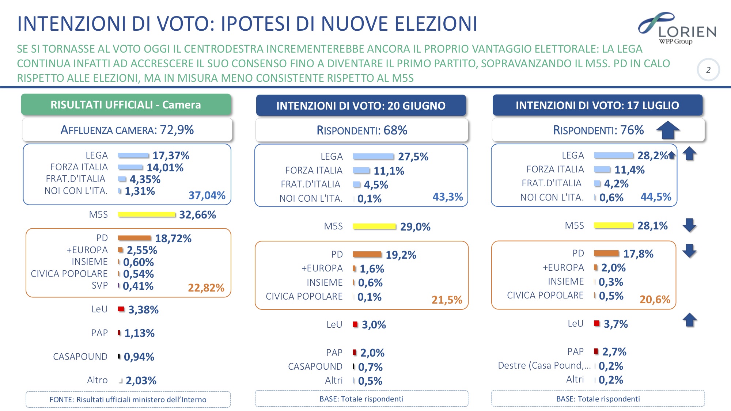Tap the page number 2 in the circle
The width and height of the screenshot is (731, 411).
[x=708, y=70]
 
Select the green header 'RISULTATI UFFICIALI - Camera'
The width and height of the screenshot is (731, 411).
[x=126, y=105]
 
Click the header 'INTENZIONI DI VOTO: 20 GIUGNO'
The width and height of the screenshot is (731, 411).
[x=361, y=106]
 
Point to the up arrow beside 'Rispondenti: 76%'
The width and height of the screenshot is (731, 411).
[x=668, y=130]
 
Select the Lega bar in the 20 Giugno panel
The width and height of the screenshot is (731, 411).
[x=373, y=156]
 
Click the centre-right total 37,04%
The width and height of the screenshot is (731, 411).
[x=207, y=195]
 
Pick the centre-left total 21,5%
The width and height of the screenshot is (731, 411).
[x=447, y=300]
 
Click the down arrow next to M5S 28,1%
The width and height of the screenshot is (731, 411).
[x=689, y=225]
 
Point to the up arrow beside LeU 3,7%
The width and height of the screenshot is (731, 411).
[x=690, y=320]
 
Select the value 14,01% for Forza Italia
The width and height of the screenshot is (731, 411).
[x=165, y=168]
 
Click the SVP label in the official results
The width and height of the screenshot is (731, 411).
[x=99, y=286]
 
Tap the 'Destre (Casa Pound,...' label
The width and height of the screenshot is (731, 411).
[x=544, y=366]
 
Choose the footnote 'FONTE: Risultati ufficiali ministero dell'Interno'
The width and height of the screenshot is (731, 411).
[x=128, y=400]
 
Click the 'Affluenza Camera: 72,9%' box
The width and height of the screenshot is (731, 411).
[x=127, y=130]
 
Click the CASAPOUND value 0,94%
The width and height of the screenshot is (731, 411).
[x=139, y=357]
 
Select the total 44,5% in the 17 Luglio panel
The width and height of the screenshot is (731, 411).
[x=656, y=197]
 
